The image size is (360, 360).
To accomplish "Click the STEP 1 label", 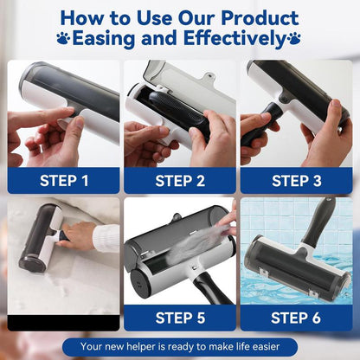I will click(63, 181).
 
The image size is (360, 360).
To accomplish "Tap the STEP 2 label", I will click(179, 181).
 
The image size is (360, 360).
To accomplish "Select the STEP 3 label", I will click(295, 181).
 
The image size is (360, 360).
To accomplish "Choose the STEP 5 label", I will click(179, 318).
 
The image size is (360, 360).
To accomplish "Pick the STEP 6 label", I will click(295, 318).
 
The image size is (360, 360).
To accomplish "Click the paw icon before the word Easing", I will click(63, 39).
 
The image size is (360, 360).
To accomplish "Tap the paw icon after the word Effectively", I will click(294, 39).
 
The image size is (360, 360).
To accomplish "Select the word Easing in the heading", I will click(106, 39).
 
